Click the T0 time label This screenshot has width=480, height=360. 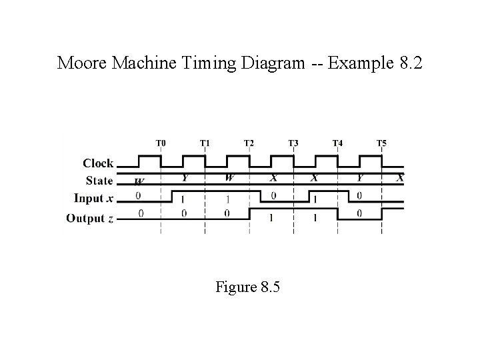(161, 143)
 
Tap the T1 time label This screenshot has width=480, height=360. (205, 143)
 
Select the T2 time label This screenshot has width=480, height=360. (249, 143)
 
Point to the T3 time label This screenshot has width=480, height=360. (293, 143)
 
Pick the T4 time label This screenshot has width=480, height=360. (337, 143)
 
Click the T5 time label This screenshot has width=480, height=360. (381, 143)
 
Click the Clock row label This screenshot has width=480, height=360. (98, 163)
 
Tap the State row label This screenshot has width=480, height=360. (99, 181)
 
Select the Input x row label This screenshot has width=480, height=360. (93, 198)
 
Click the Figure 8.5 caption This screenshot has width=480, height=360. (248, 287)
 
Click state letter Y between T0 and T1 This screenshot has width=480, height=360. (185, 177)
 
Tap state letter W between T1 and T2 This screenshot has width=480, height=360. (229, 177)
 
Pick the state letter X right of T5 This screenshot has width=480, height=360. (399, 177)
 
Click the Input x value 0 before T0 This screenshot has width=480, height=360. (138, 196)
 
